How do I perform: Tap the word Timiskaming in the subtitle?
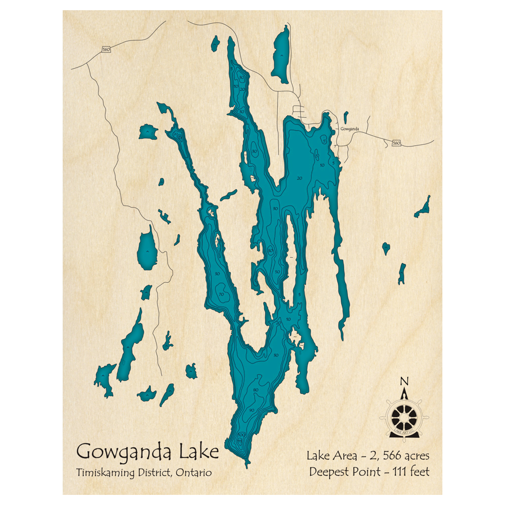point(100,473)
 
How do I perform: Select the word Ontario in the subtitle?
point(194,473)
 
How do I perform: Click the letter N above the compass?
point(403,380)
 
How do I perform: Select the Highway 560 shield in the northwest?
point(106,49)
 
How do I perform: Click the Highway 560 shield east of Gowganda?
point(396,143)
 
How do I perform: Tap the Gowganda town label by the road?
point(349,129)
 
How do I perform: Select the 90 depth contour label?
point(251,410)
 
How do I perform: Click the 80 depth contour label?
point(256,390)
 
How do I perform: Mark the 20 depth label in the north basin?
point(299,178)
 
